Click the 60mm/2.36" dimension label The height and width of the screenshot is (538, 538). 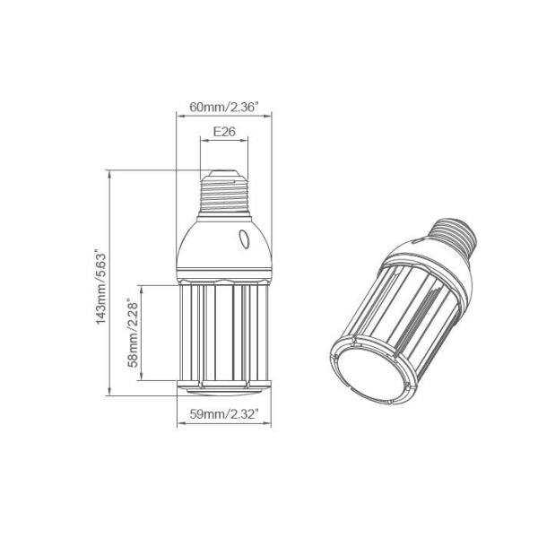coord(224,107)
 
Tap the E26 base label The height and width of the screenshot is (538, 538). coord(223,131)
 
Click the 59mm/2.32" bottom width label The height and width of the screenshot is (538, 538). coord(224,413)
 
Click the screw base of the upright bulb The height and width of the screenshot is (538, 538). coord(224,193)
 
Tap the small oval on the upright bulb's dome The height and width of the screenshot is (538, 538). coord(243,239)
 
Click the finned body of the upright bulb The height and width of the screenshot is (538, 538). coord(224,332)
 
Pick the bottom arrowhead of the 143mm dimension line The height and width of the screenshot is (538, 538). coord(110,393)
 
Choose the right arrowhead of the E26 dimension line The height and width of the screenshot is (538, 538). coord(247,140)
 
